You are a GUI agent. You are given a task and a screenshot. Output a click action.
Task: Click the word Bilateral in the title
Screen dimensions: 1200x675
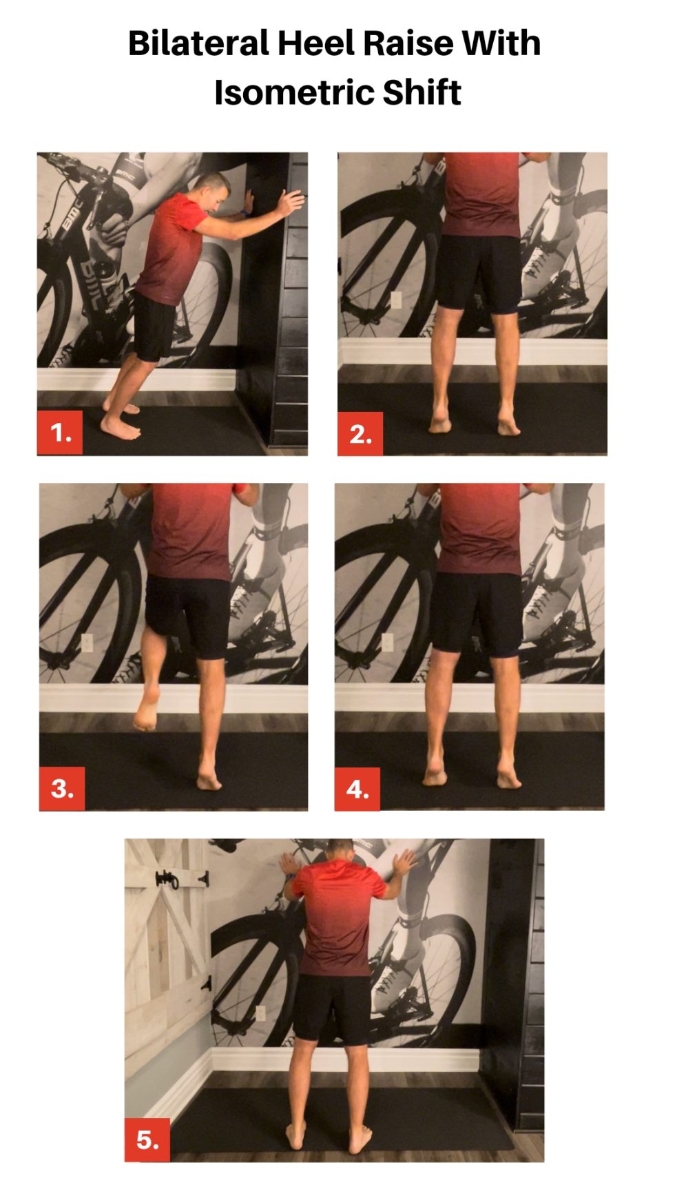point(198,43)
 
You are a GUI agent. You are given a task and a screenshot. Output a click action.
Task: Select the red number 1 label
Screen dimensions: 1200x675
point(60,433)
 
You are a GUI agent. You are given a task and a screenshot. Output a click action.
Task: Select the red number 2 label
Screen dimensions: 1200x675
point(360,434)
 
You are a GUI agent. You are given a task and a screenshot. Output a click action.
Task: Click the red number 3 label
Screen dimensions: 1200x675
point(62,788)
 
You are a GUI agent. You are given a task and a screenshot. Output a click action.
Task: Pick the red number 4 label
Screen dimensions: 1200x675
point(357,789)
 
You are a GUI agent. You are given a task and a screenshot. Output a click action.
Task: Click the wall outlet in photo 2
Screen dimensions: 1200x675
point(396,300)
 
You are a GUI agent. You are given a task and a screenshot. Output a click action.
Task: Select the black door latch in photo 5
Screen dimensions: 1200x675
point(168,880)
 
